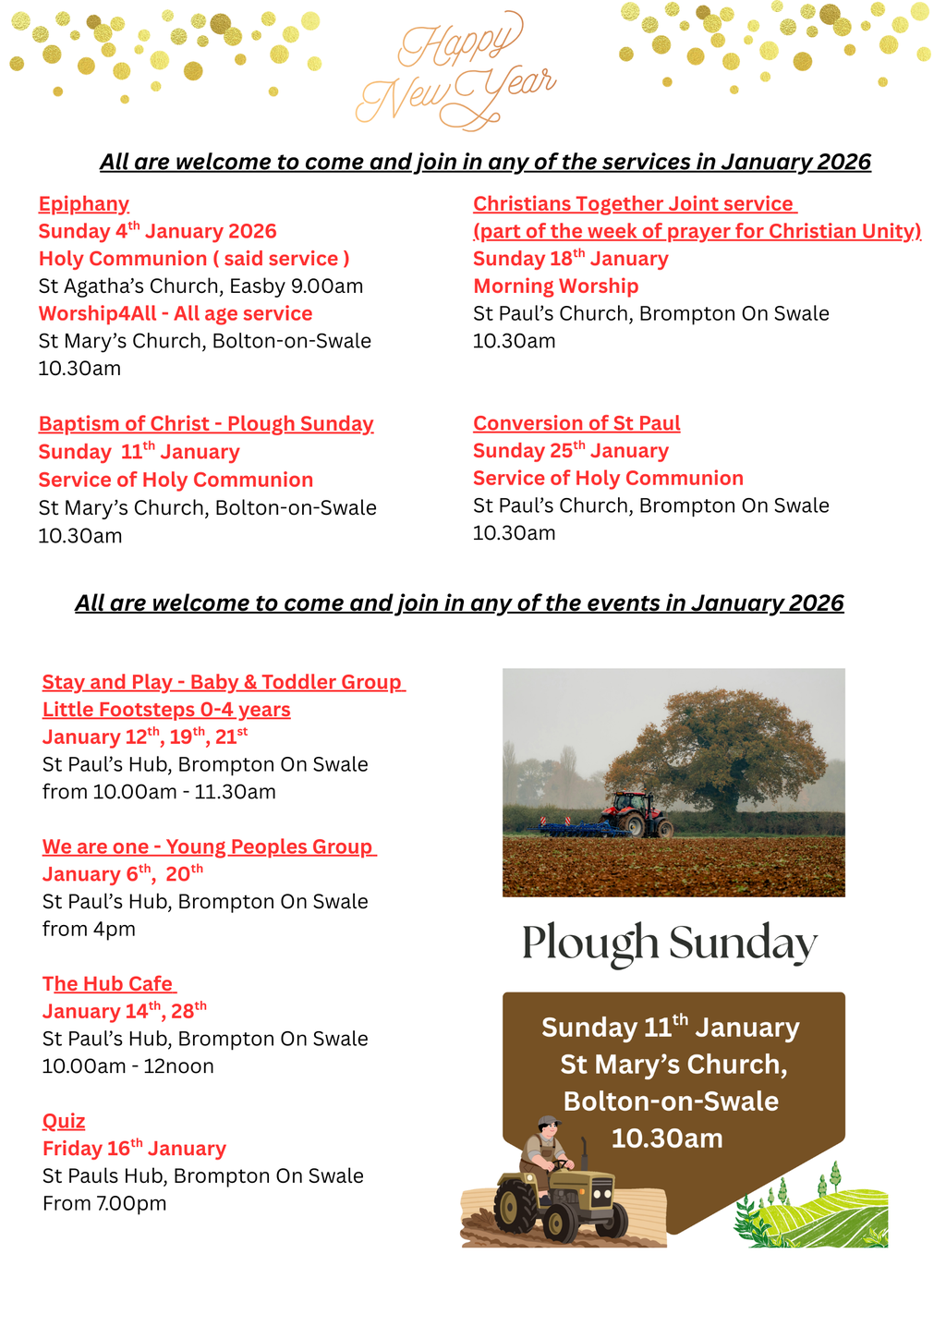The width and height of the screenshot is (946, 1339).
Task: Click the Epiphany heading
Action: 83,204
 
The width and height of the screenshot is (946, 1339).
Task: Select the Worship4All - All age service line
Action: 176,314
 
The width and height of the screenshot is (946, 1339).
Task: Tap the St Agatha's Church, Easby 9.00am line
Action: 200,286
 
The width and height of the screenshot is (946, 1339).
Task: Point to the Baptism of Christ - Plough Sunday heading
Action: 206,424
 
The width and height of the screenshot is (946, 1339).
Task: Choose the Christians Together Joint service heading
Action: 634,204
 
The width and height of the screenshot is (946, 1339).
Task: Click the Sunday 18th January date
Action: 570,259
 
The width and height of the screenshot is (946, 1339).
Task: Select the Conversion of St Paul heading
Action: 576,423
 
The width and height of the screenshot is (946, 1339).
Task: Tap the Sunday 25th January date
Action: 570,451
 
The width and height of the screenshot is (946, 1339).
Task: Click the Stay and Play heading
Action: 223,682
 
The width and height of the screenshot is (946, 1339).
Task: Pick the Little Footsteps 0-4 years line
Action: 166,710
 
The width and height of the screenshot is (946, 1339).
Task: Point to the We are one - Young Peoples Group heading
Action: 209,847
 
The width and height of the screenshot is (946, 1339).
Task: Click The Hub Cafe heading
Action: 109,984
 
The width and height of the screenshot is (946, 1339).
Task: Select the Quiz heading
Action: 64,1122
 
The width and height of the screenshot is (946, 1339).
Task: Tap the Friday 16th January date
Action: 134,1149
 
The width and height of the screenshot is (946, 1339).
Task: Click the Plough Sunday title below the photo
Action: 669,943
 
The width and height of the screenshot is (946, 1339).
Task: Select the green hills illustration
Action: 813,1211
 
